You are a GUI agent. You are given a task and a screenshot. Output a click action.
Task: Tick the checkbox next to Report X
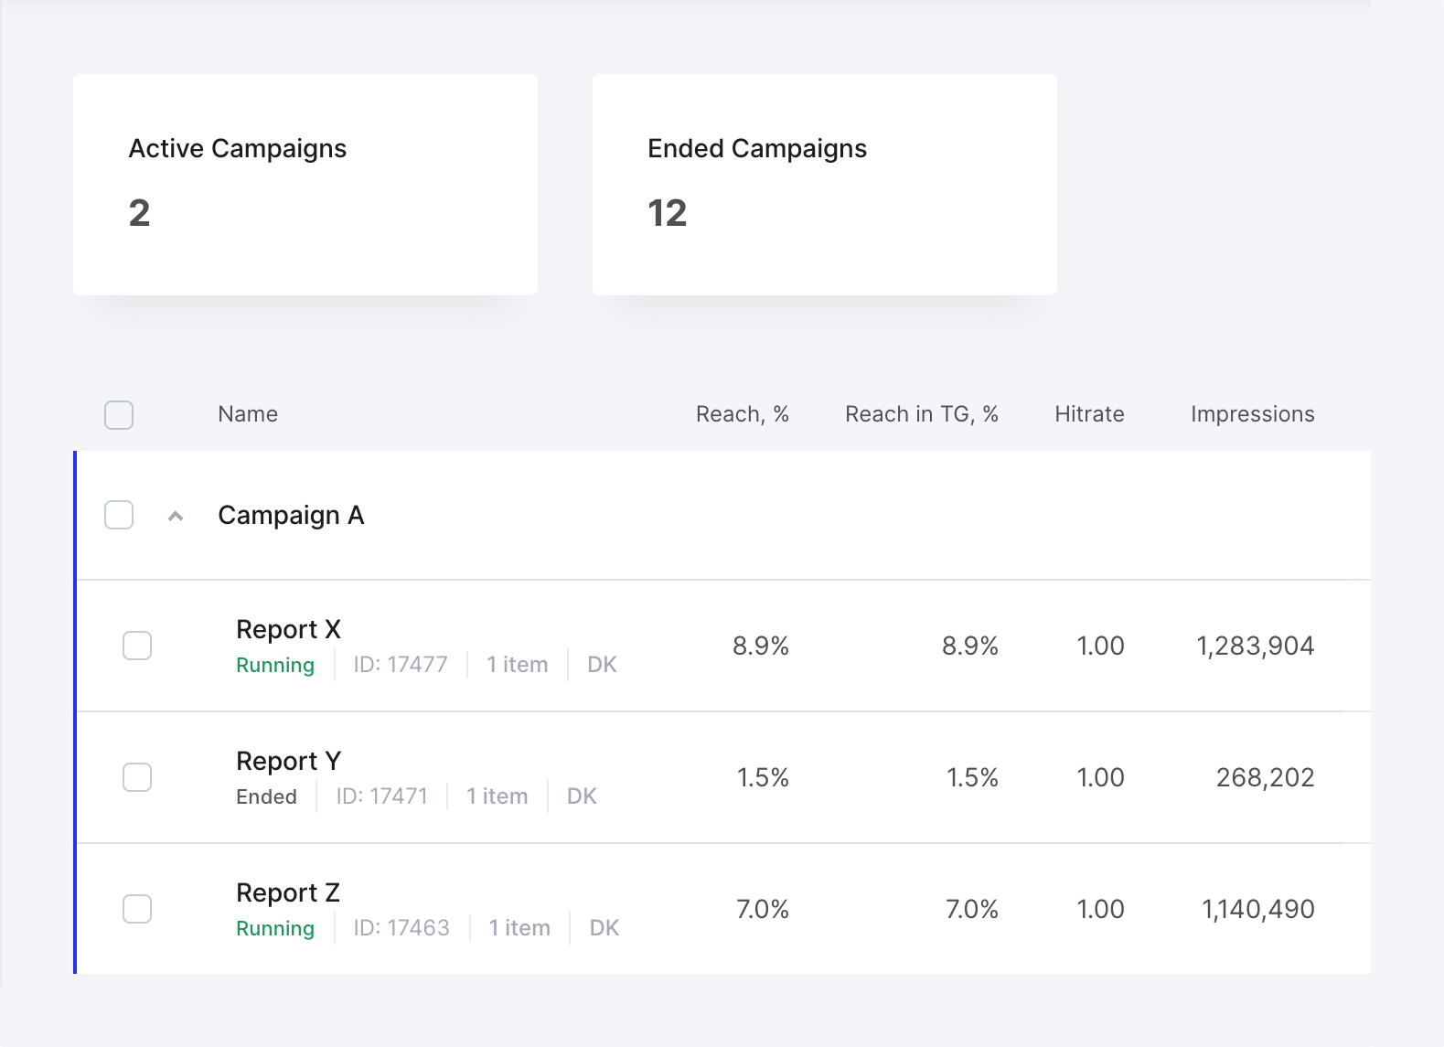[137, 646]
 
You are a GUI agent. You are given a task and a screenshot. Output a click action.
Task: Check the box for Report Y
[137, 777]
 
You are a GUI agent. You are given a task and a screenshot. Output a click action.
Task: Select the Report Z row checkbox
[137, 908]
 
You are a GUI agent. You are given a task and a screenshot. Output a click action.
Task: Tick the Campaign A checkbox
[119, 515]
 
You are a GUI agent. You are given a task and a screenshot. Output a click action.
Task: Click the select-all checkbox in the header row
[119, 414]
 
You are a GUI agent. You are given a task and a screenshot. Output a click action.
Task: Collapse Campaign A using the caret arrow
[176, 516]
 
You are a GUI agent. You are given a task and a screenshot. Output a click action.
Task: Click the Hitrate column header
[1089, 414]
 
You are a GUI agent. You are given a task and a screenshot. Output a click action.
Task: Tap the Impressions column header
[1253, 414]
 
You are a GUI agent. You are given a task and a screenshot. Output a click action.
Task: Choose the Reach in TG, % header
[922, 414]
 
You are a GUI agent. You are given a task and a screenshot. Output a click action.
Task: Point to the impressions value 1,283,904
[1255, 646]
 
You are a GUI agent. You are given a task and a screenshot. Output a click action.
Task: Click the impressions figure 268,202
[1265, 777]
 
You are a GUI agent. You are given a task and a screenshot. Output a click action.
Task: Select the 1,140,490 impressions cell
[1257, 909]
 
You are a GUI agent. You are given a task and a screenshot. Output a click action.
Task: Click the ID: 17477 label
[401, 665]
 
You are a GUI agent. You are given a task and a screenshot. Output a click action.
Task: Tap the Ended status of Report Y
[266, 796]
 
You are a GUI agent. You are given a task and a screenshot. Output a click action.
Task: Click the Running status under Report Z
[275, 928]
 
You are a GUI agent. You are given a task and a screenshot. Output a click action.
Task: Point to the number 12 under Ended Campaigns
[668, 213]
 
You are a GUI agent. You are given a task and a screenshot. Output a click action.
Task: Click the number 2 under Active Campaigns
[139, 213]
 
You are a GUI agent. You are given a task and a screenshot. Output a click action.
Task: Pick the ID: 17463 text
[401, 928]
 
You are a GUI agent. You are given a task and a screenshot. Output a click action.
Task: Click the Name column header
[248, 414]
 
